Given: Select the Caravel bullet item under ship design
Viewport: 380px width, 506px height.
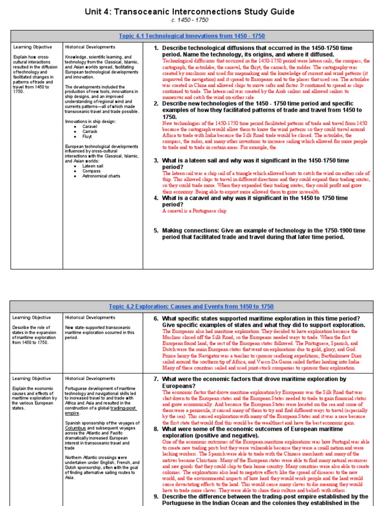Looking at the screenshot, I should (x=90, y=126).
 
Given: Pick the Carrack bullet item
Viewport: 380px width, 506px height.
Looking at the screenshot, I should (x=90, y=131).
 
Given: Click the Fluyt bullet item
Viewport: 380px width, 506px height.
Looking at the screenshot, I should (x=87, y=136).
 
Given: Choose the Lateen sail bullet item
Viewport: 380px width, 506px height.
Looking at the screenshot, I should (x=93, y=166).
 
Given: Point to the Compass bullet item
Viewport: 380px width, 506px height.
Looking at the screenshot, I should (x=92, y=171).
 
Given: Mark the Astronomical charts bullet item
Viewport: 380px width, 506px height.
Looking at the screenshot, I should (x=101, y=176).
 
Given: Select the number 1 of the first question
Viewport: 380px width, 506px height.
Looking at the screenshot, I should (x=156, y=47).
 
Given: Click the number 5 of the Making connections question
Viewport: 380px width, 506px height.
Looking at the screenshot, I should (x=156, y=230).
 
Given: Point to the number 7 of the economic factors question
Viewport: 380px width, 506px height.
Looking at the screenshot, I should (x=156, y=379).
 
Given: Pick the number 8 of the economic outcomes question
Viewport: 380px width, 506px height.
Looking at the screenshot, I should (x=156, y=429).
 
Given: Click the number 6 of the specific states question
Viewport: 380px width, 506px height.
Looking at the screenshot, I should (x=156, y=318).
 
